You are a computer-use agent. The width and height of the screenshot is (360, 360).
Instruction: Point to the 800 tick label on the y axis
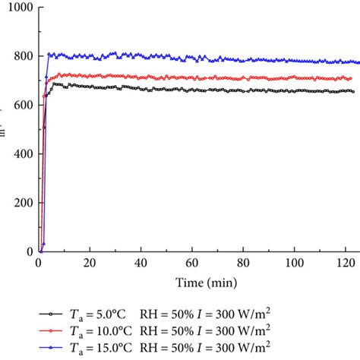pyautogui.click(x=22, y=56)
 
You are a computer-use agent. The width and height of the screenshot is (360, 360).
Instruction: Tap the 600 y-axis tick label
pyautogui.click(x=22, y=105)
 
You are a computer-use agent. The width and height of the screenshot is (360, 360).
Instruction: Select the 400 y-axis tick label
pyautogui.click(x=22, y=153)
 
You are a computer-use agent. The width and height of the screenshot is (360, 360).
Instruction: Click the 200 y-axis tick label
pyautogui.click(x=22, y=203)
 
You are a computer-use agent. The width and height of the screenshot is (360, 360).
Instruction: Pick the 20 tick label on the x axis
pyautogui.click(x=90, y=263)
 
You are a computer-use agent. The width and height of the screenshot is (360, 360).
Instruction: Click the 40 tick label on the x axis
pyautogui.click(x=141, y=263)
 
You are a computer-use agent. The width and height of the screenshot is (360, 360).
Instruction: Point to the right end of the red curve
pyautogui.click(x=351, y=78)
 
